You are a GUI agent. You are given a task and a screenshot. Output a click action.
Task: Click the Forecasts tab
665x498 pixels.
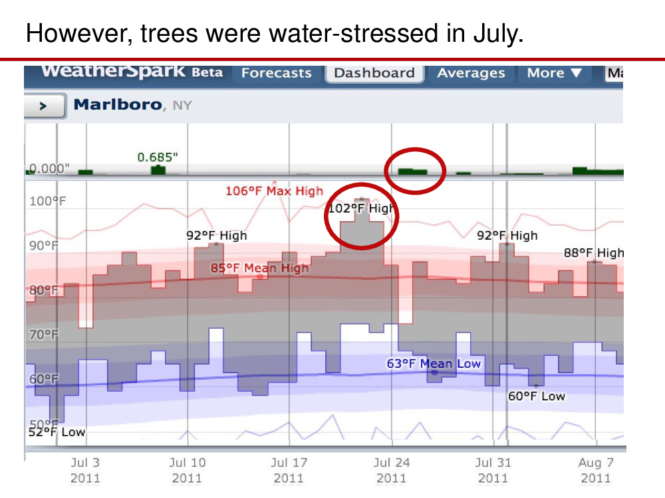click(x=276, y=73)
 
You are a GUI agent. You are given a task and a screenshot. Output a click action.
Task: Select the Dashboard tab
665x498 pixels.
click(x=374, y=73)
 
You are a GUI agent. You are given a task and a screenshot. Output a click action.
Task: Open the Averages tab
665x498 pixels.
click(x=471, y=73)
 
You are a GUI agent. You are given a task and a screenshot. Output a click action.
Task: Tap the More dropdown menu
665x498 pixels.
click(x=554, y=73)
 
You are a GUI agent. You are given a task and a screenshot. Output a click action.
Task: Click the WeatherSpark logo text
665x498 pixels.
click(x=113, y=71)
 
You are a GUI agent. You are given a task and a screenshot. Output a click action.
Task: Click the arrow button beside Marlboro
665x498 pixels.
click(x=44, y=106)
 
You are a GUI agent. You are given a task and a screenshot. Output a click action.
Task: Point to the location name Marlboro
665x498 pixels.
click(x=118, y=104)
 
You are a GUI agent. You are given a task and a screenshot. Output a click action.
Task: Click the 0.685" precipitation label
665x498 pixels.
click(x=158, y=157)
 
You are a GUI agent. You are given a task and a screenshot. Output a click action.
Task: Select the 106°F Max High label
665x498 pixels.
click(x=274, y=191)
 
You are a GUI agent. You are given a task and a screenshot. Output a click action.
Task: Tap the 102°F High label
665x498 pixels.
click(x=361, y=208)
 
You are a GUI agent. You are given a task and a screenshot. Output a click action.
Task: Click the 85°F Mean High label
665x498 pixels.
click(x=259, y=268)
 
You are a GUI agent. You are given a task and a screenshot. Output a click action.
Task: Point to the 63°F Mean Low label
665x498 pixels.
click(x=434, y=363)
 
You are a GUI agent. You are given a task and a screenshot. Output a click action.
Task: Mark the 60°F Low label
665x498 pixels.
click(x=537, y=396)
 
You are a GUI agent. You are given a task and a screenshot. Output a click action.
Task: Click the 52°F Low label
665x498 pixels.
click(x=57, y=432)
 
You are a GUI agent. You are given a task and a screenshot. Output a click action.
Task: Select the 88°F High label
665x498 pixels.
click(x=594, y=253)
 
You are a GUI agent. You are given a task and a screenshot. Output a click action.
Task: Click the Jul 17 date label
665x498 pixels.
click(x=289, y=469)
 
